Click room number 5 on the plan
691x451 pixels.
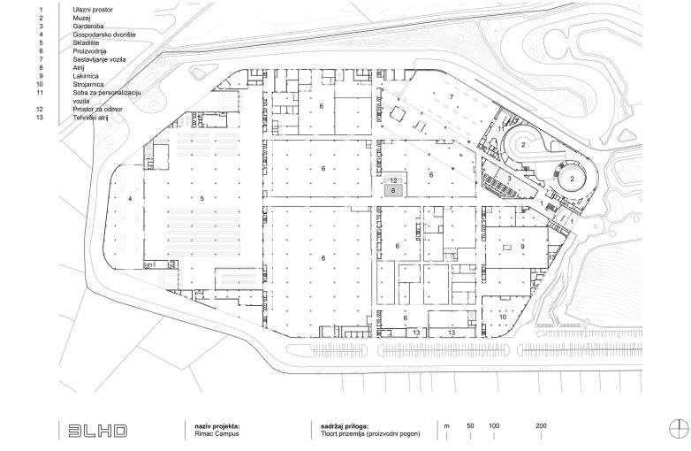(202, 199)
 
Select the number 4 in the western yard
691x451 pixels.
(130, 199)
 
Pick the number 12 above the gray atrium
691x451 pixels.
(394, 180)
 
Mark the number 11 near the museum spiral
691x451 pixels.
(500, 129)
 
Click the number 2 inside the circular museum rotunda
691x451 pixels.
(573, 178)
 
